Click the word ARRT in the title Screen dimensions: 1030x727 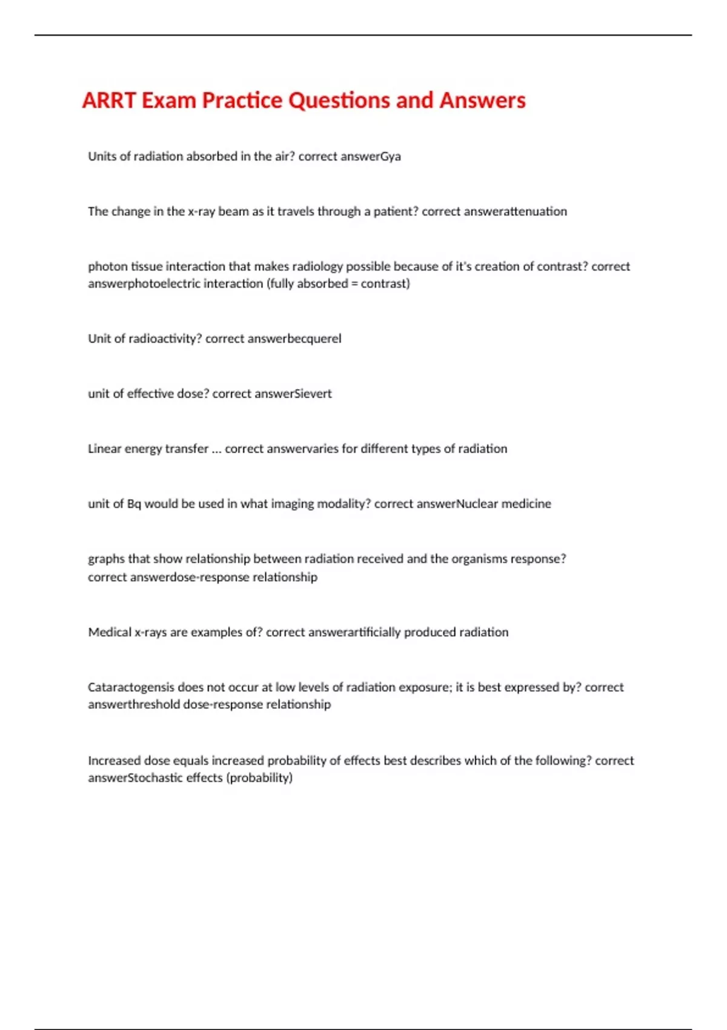click(x=108, y=101)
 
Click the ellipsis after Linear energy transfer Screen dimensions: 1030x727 click(x=216, y=449)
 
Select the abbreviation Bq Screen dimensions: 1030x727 click(x=134, y=504)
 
